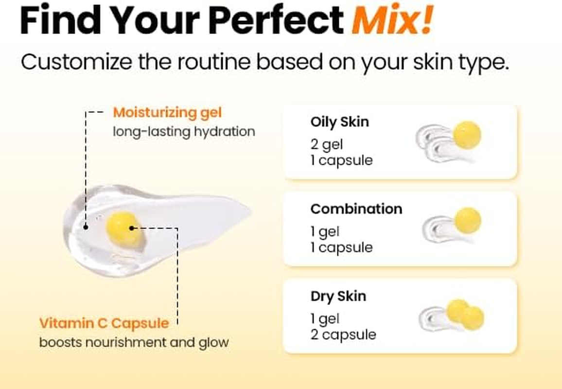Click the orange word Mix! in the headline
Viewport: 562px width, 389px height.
pyautogui.click(x=392, y=20)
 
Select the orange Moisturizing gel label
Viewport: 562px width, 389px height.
pyautogui.click(x=167, y=113)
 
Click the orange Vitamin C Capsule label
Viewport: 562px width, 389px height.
pyautogui.click(x=104, y=323)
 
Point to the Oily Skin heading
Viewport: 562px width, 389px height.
pyautogui.click(x=339, y=122)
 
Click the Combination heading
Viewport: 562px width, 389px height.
pyautogui.click(x=356, y=209)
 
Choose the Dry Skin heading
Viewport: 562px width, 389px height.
pyautogui.click(x=338, y=296)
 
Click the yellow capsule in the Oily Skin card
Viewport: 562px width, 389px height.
pyautogui.click(x=467, y=135)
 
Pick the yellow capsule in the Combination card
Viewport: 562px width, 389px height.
pyautogui.click(x=468, y=220)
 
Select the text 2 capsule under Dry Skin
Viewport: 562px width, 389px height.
pyautogui.click(x=343, y=335)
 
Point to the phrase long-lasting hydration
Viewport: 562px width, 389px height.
pyautogui.click(x=184, y=131)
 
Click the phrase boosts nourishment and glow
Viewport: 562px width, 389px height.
pyautogui.click(x=134, y=342)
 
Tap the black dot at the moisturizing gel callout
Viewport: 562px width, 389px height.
pyautogui.click(x=86, y=227)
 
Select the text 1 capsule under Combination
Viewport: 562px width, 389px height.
pyautogui.click(x=341, y=248)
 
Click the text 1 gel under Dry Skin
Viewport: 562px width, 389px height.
pyautogui.click(x=325, y=319)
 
